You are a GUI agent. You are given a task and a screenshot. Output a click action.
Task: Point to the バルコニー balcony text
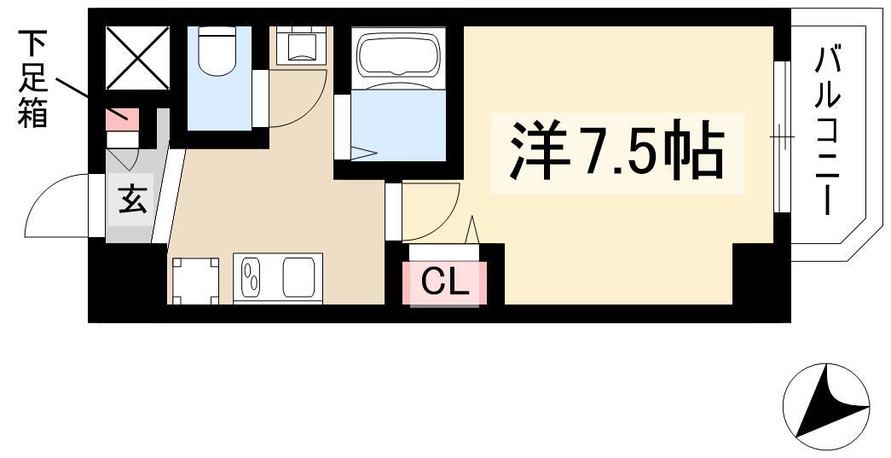click(827, 131)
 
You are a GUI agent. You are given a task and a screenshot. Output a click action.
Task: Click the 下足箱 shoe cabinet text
click(33, 79)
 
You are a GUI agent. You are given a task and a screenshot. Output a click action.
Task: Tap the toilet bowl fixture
click(217, 51)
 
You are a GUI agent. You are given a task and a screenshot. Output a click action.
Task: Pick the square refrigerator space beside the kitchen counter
click(195, 281)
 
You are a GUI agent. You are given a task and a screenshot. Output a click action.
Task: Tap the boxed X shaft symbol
click(138, 58)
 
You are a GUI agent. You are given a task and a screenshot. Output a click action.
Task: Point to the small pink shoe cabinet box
click(122, 119)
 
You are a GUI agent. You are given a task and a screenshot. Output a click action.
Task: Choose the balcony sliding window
click(783, 136)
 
